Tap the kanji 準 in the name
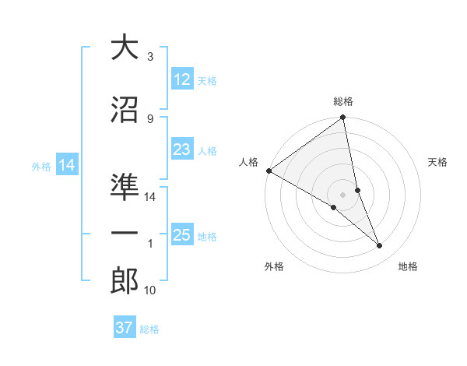point(125,187)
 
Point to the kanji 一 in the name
point(125,233)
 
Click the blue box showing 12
point(182,79)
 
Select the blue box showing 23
point(182,150)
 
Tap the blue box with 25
point(182,235)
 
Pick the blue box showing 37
point(125,328)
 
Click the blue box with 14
point(66,165)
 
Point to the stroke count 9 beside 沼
point(149,118)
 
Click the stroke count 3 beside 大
point(149,57)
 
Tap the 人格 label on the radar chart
point(249,162)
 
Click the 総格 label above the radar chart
point(343,101)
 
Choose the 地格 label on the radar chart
point(408,266)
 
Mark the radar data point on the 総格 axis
point(343,118)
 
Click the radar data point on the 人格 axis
point(269,171)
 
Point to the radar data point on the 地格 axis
point(380,246)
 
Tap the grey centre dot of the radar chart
point(342,194)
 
